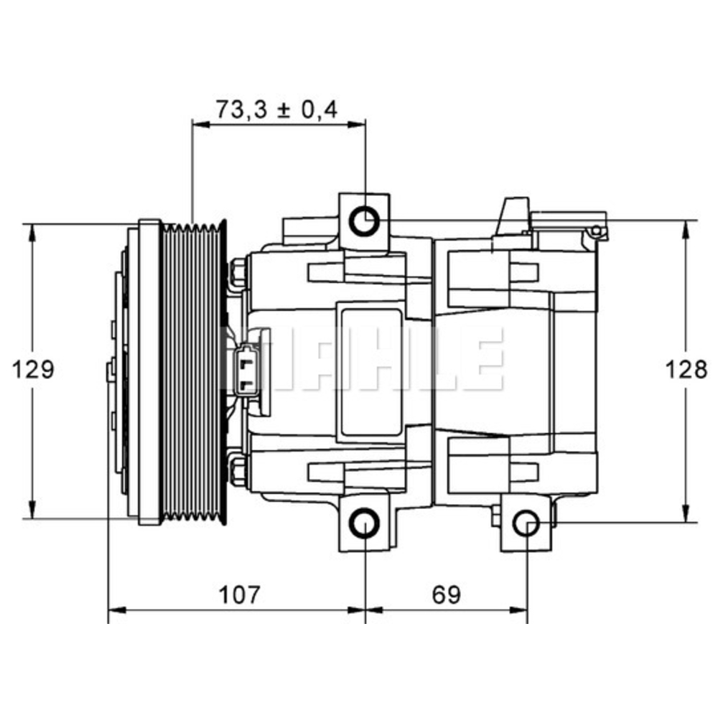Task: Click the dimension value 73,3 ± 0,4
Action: coord(276,109)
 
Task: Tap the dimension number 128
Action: coord(685,370)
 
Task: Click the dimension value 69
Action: coord(445,595)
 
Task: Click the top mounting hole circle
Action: coord(365,222)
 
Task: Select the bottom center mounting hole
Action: coord(365,524)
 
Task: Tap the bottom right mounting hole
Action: coord(528,524)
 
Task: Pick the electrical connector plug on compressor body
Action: coord(246,369)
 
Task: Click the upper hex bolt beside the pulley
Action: coord(238,274)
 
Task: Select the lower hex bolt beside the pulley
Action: coord(238,468)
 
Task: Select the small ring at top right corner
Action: coord(595,230)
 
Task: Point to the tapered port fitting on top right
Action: coord(513,216)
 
